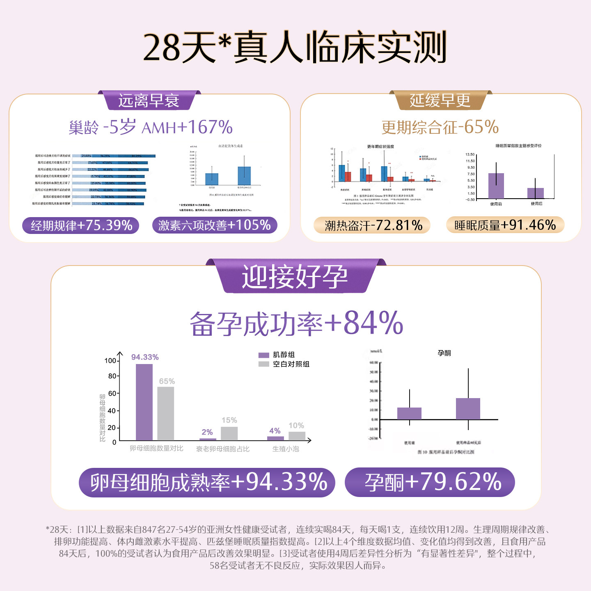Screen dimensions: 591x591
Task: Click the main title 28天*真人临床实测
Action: click(295, 48)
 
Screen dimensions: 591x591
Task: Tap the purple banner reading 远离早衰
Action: click(149, 101)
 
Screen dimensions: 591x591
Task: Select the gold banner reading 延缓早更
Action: click(440, 101)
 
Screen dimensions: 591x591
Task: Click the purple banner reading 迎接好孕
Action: click(295, 277)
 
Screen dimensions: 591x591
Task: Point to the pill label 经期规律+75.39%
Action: click(81, 225)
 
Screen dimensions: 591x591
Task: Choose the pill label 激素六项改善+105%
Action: click(214, 225)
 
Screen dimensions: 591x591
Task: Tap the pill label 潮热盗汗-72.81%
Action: click(373, 225)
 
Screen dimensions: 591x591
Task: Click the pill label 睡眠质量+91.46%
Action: click(505, 225)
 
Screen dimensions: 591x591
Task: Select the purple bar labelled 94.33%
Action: click(144, 402)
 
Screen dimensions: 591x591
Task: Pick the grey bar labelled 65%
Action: click(166, 413)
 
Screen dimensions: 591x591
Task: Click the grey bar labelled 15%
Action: click(229, 433)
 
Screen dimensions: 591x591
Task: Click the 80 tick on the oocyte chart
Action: click(112, 376)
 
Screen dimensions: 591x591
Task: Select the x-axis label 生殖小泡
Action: click(286, 449)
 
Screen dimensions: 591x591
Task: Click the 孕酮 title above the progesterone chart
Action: click(444, 353)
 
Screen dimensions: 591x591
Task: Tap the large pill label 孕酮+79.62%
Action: click(430, 482)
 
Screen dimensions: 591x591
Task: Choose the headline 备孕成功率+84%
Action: click(296, 323)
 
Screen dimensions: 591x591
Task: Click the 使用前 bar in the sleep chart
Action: click(496, 186)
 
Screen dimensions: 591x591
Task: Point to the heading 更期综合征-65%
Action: click(440, 127)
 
